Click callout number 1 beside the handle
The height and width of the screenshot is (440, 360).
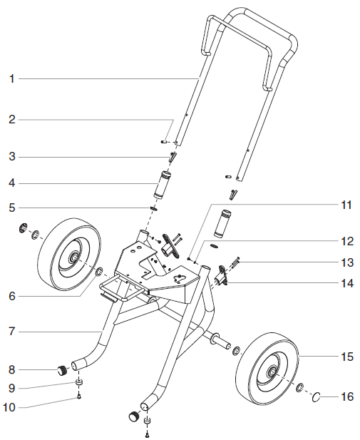pos(11,79)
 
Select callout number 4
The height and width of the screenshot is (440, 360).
pos(11,183)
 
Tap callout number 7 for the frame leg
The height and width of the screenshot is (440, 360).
pos(11,332)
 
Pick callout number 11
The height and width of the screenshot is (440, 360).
pos(346,205)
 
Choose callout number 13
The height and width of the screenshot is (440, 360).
pos(347,262)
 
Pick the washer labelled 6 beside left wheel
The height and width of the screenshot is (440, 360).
pos(99,271)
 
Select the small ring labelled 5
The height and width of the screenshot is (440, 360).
pos(153,209)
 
